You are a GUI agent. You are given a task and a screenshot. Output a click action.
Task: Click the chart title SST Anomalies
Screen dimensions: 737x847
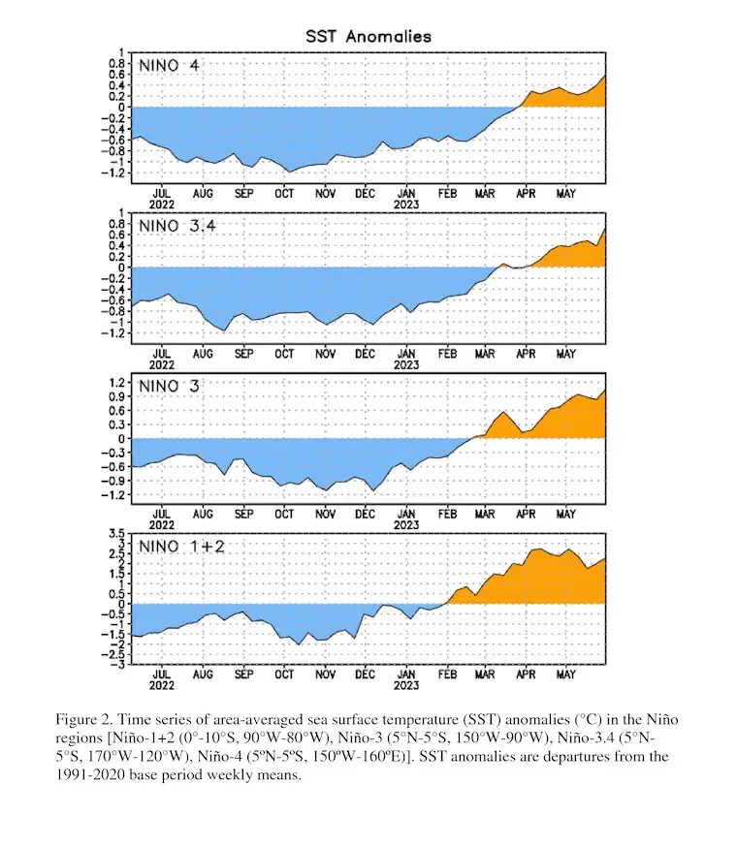point(368,37)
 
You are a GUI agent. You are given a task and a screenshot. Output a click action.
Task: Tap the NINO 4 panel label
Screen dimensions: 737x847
point(169,66)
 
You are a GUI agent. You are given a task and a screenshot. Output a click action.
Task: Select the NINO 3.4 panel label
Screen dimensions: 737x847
point(177,226)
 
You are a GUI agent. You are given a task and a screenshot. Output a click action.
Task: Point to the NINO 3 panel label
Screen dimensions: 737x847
point(169,387)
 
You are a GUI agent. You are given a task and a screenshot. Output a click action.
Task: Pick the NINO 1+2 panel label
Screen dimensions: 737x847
point(181,547)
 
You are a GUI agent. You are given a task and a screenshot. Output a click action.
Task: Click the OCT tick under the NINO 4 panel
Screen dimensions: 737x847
point(284,194)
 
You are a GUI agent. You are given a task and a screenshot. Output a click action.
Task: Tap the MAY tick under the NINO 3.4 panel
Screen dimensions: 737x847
point(566,354)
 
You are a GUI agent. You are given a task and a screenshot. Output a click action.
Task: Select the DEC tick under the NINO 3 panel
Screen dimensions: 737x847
point(365,515)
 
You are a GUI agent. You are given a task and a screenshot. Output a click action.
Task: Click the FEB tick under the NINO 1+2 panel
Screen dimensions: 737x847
point(447,674)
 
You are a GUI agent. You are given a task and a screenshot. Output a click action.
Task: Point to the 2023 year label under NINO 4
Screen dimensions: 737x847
point(406,204)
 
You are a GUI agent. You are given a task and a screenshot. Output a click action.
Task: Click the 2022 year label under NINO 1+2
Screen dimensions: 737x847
point(162,685)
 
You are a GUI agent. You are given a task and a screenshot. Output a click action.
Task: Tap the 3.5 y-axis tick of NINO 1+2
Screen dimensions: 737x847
point(116,534)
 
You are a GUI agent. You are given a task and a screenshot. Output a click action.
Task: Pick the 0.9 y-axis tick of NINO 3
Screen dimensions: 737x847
point(117,396)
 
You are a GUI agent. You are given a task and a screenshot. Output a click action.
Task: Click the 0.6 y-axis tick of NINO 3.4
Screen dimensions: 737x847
point(117,235)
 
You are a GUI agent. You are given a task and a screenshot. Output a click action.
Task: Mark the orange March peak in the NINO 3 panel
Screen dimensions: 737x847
point(504,412)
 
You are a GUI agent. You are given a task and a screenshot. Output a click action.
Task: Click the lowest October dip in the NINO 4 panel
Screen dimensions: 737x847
point(290,172)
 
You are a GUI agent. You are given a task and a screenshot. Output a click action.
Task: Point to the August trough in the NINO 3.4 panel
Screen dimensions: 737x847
point(224,330)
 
